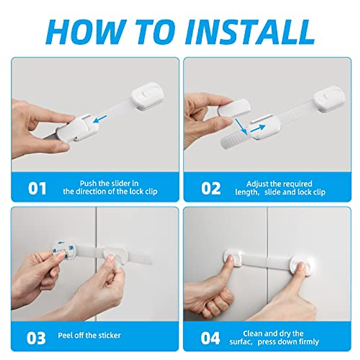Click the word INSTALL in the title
click(250, 32)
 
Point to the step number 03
click(36, 338)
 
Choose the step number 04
click(210, 338)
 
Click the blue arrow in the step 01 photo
click(100, 119)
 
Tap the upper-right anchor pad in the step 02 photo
click(329, 99)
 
